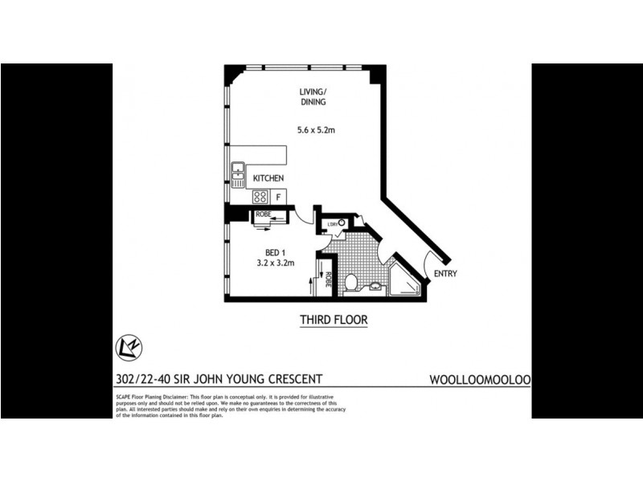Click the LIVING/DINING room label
point(312,96)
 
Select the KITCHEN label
point(268,178)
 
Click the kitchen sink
point(238,174)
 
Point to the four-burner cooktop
point(260,195)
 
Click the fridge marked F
point(278,195)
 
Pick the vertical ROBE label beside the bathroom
point(330,282)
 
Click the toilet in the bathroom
point(350,282)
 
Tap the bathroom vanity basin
point(375,287)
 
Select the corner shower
point(404,280)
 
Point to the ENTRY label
point(445,274)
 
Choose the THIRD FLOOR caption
point(334,320)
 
